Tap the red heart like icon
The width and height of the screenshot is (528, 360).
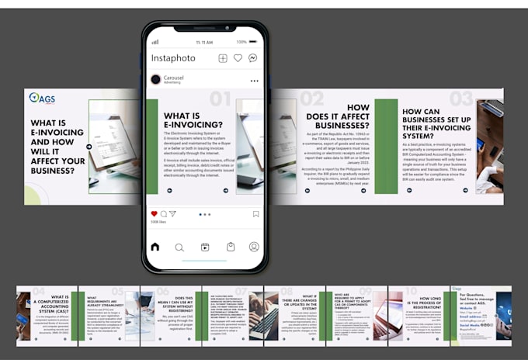click(154, 213)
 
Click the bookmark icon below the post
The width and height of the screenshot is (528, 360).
click(255, 213)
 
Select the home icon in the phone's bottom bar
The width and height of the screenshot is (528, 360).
click(155, 247)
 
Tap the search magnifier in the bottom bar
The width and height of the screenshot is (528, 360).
click(179, 247)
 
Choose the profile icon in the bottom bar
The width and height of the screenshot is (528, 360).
click(254, 247)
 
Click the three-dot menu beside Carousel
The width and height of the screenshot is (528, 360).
click(254, 81)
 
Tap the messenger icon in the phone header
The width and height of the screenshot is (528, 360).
click(253, 58)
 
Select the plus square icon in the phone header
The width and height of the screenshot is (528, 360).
click(223, 58)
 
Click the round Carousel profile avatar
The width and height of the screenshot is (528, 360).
click(156, 79)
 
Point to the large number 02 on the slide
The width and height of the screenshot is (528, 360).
click(312, 99)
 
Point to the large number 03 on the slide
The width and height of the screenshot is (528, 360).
click(461, 99)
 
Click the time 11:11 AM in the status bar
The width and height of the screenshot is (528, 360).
click(204, 42)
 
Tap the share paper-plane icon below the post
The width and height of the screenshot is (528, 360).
click(172, 213)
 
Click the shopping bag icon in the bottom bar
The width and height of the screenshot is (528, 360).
click(230, 247)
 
